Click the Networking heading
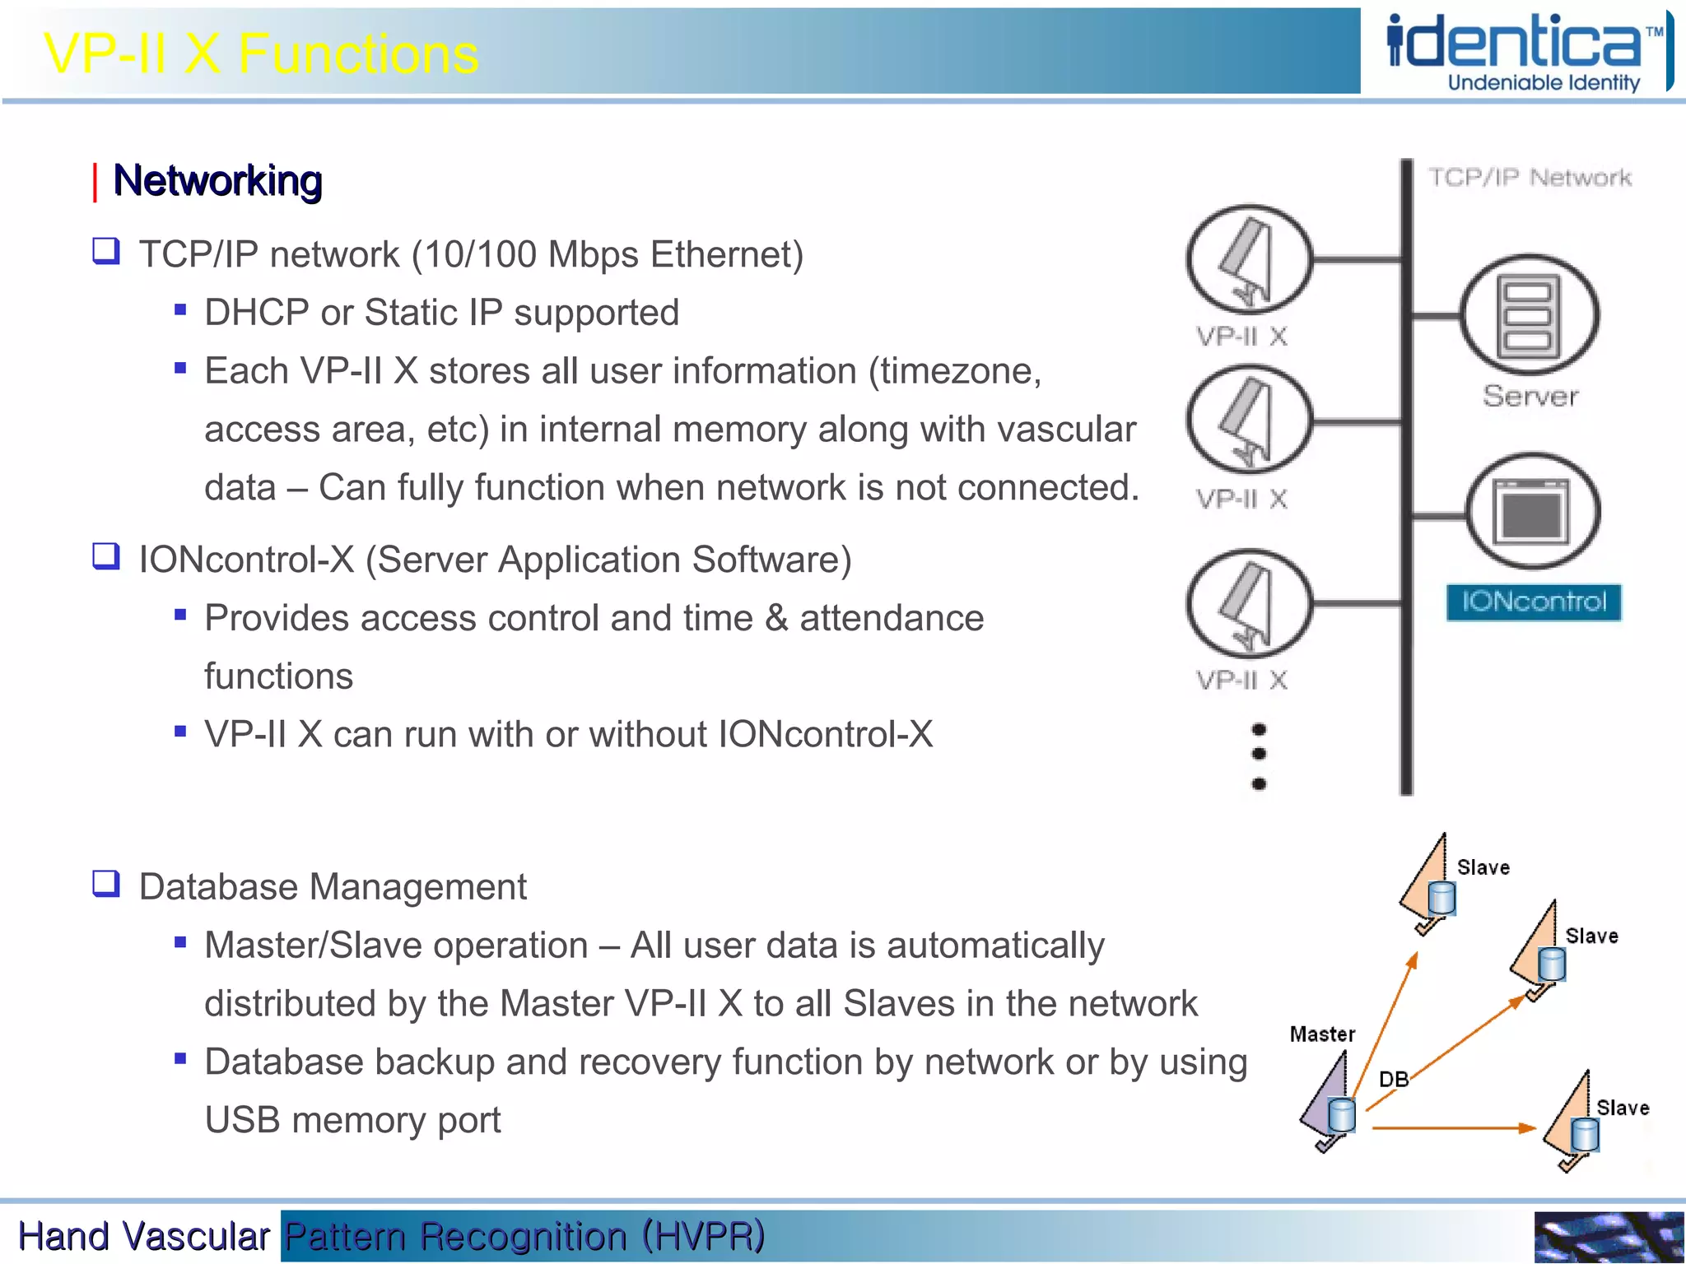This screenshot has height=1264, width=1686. pos(217,180)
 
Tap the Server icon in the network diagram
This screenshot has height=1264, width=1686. pos(1529,315)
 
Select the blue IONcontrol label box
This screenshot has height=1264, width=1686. pos(1533,602)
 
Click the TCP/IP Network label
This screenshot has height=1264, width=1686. pos(1529,177)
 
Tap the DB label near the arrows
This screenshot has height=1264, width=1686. pos(1393,1079)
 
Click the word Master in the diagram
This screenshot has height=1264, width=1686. pos(1321,1034)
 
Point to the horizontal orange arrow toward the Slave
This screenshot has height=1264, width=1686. pos(1453,1127)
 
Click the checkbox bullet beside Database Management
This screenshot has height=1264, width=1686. pos(106,884)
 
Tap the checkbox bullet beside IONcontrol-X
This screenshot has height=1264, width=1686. pos(106,556)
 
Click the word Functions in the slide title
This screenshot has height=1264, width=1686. pos(358,54)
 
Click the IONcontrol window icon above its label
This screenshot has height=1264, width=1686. pos(1532,512)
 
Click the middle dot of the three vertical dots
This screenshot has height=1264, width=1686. pos(1258,754)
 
